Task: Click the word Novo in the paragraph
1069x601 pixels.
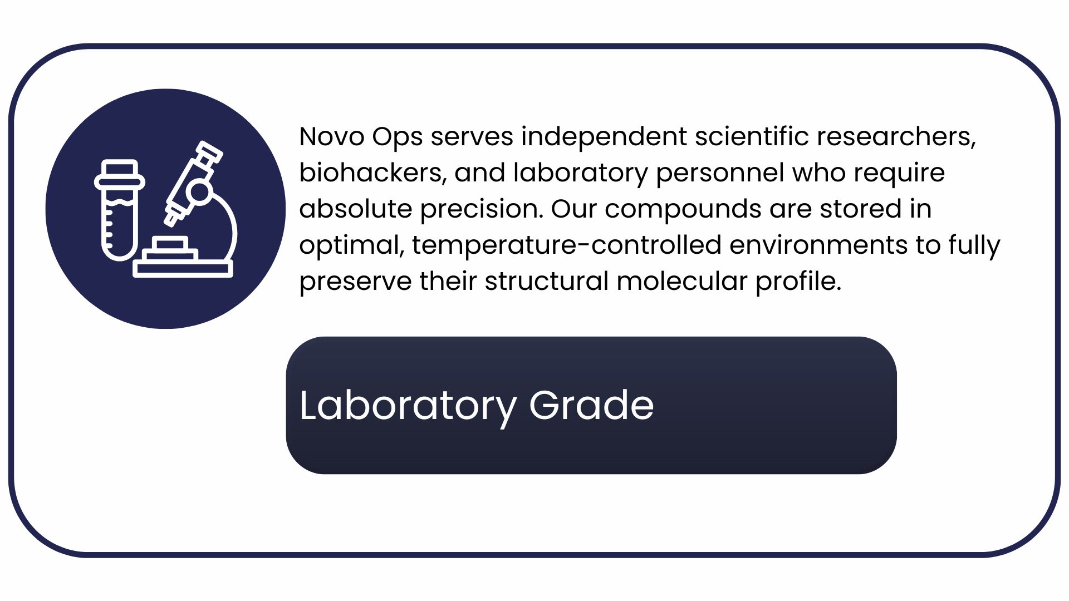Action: (331, 136)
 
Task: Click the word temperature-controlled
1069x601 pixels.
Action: (567, 245)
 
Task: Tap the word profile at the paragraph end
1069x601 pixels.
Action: (798, 282)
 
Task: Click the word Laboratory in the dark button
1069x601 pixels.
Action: (408, 406)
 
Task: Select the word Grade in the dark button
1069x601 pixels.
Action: (591, 405)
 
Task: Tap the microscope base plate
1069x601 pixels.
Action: (183, 269)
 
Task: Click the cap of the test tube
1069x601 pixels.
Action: (120, 175)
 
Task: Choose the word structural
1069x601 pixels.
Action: (547, 281)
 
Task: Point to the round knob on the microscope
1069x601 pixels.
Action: (199, 193)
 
